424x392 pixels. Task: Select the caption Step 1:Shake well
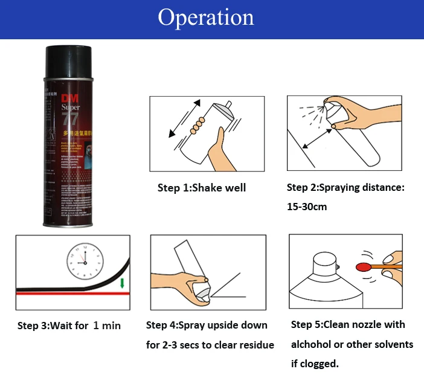point(202,188)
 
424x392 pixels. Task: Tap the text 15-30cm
point(307,207)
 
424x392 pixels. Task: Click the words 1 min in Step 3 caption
point(107,326)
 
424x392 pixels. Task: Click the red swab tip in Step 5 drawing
point(362,266)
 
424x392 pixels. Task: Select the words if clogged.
point(315,364)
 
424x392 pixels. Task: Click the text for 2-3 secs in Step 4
point(173,345)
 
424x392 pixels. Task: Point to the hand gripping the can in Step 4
point(191,283)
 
